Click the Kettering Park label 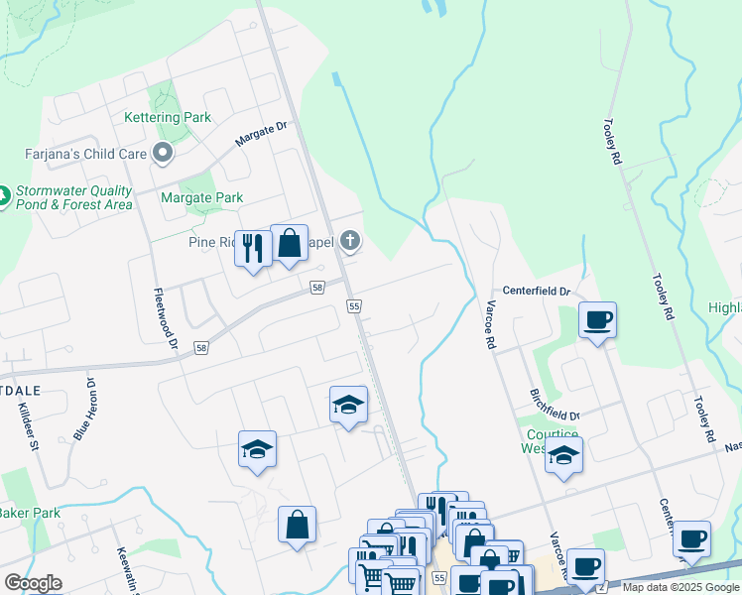(168, 117)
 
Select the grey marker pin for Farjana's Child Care (163, 153)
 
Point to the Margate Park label (202, 197)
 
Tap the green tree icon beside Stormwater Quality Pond (3, 197)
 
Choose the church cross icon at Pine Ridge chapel (348, 240)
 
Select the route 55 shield (354, 307)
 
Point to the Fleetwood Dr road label (165, 319)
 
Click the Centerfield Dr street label (536, 292)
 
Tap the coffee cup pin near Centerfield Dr (597, 320)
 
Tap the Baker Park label (31, 513)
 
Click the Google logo (33, 583)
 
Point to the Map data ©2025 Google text (680, 587)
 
